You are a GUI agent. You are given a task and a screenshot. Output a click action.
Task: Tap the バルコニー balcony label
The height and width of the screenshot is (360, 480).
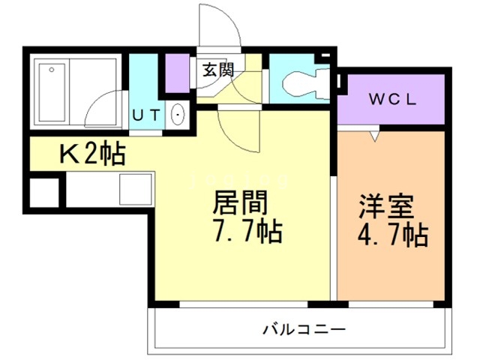tap(304, 328)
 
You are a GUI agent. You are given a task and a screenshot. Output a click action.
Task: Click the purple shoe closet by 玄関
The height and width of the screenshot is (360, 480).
tap(178, 72)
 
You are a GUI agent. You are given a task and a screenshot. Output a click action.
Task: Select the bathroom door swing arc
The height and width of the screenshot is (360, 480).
tap(105, 109)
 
